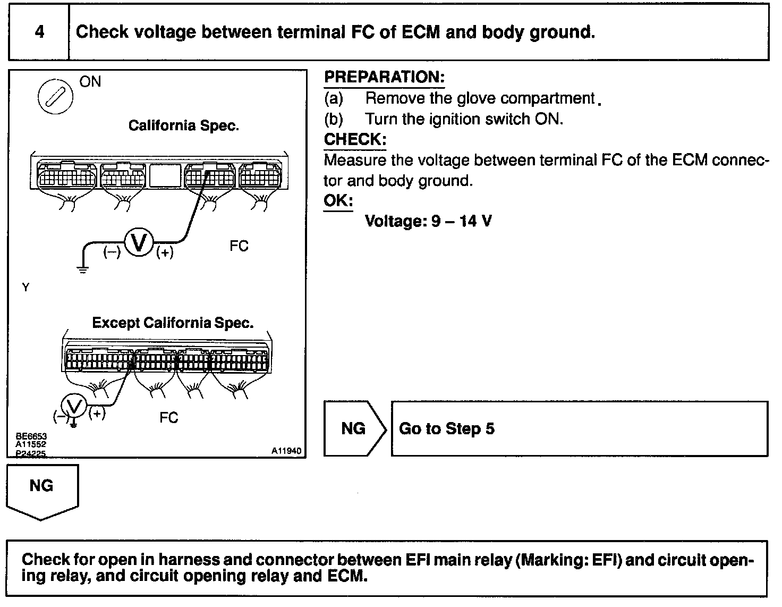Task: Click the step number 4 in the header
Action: (x=39, y=32)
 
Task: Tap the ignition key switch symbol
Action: (x=55, y=98)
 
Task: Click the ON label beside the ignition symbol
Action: (x=90, y=82)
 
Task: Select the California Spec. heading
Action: (x=184, y=126)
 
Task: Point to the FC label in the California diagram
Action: (x=239, y=246)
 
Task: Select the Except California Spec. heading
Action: (x=173, y=323)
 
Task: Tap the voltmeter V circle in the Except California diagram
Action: (x=75, y=408)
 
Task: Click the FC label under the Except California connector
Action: (x=168, y=418)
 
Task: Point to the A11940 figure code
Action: (x=286, y=451)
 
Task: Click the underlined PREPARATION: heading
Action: (x=384, y=77)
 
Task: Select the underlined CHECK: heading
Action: (x=355, y=140)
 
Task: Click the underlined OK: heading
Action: (x=338, y=201)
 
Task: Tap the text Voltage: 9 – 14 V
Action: (x=428, y=221)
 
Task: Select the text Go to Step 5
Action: (x=446, y=429)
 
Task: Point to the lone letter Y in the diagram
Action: (x=25, y=288)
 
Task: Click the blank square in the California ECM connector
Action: (x=165, y=175)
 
